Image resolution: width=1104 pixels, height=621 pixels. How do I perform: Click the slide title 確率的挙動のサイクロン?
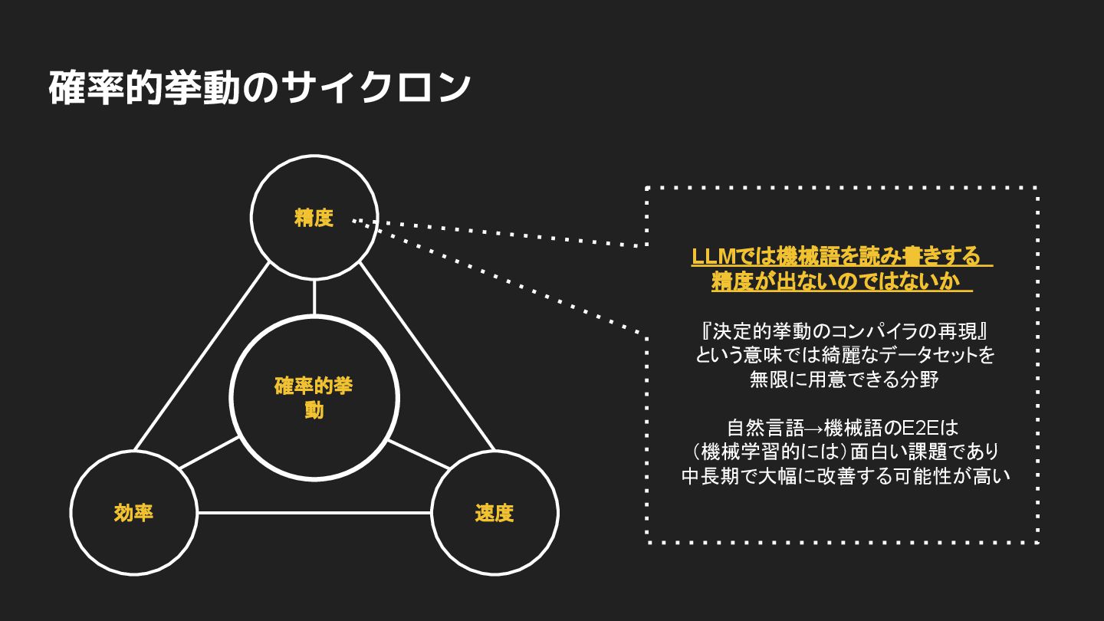coord(259,88)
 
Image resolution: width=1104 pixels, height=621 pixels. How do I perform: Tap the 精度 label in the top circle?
coord(314,219)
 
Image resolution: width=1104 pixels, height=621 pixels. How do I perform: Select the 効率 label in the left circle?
coord(133,513)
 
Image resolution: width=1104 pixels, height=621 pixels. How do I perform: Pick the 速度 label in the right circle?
coord(495,513)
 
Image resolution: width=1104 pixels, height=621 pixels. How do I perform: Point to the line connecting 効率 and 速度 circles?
coord(314,513)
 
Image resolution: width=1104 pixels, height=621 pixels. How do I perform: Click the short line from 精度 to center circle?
coord(314,297)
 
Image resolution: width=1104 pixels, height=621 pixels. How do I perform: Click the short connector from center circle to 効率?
coord(209,453)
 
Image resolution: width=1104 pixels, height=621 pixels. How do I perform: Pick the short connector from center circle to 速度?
coord(419,453)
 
